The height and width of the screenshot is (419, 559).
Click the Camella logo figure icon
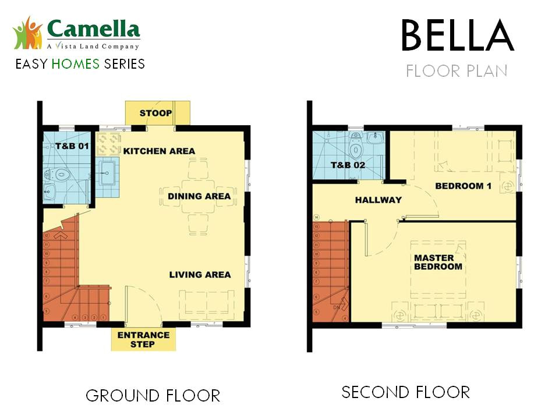(28, 33)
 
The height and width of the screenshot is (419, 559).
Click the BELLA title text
(458, 36)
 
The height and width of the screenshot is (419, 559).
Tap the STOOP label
(155, 112)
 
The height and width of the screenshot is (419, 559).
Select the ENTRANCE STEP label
(143, 339)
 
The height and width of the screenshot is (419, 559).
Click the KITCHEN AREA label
(159, 151)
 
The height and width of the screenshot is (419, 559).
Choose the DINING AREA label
(199, 196)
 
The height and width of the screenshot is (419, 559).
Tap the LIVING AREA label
(200, 275)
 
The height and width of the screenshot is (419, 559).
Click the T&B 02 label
(348, 165)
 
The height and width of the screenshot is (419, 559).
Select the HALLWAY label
(378, 200)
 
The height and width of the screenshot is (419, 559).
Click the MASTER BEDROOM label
(438, 262)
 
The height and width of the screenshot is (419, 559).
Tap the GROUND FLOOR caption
(153, 396)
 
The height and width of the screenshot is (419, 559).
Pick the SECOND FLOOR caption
(405, 392)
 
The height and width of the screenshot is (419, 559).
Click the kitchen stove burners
(109, 144)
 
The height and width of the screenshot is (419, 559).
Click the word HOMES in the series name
(76, 63)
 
